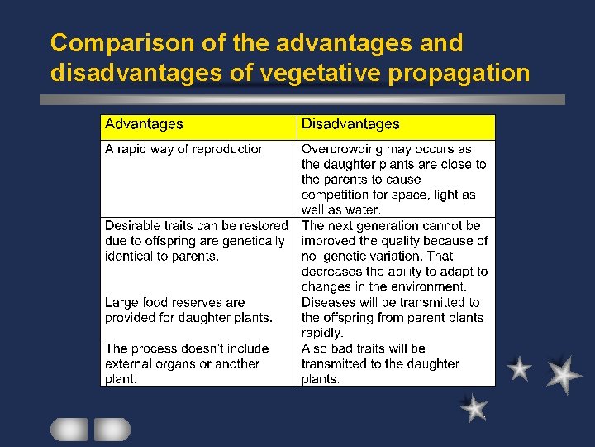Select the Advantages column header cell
click(198, 126)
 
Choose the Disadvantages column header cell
click(396, 126)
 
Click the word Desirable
click(132, 225)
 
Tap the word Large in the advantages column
click(121, 302)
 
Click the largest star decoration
click(564, 374)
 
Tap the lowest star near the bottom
click(474, 407)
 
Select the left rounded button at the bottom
click(69, 429)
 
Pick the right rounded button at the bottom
click(112, 429)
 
